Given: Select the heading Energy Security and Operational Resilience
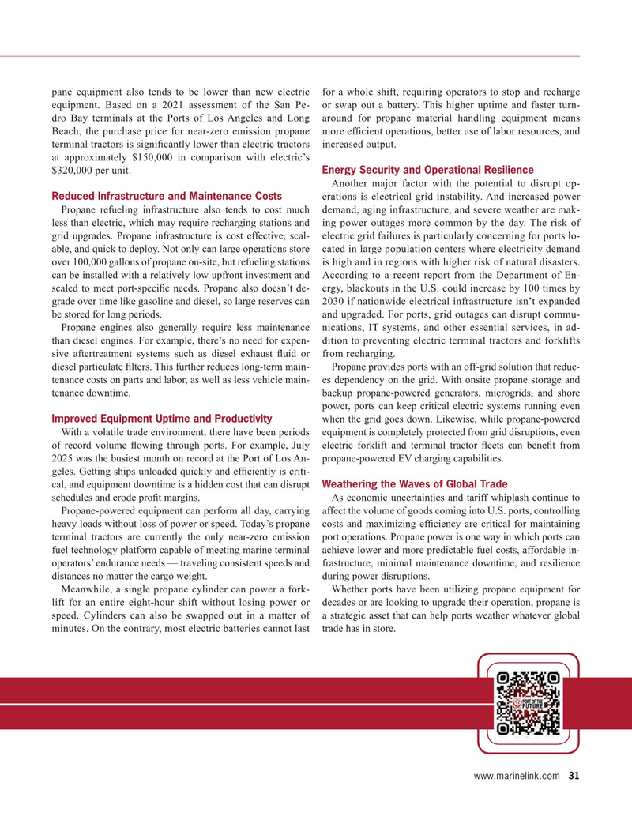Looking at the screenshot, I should (x=428, y=170).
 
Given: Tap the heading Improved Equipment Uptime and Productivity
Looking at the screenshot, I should (x=161, y=418).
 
